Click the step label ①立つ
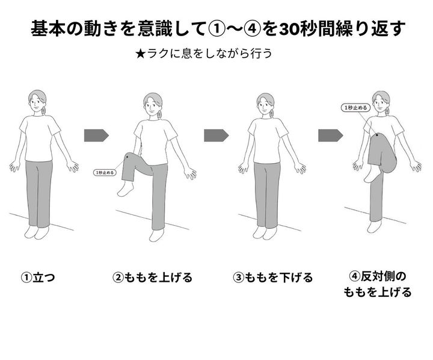coord(38,278)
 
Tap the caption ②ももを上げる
coord(152,278)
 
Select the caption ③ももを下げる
coord(272,278)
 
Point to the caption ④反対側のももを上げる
coord(378,284)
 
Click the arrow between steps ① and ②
coord(96,135)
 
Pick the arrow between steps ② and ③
coord(216,135)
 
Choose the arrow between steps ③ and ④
coord(331,135)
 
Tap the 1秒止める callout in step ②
coord(105,173)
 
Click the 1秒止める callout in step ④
coord(355,108)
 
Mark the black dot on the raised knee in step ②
coord(127,157)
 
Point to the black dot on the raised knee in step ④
coord(377,135)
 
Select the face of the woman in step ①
coord(35,102)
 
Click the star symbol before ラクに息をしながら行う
coord(140,54)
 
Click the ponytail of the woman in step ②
coord(159,114)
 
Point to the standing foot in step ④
coord(375,227)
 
